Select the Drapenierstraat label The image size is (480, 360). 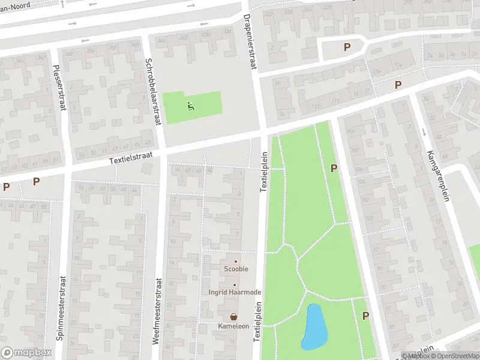[x=250, y=43]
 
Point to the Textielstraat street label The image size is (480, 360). [x=131, y=158]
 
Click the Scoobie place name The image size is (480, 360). [x=236, y=269]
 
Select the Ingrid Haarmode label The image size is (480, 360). [x=235, y=292]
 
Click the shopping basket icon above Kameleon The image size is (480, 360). [x=233, y=316]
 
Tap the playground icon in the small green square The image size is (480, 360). [x=190, y=107]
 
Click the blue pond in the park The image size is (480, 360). [x=314, y=327]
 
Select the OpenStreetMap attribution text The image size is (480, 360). [x=452, y=356]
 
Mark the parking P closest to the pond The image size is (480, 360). [x=365, y=316]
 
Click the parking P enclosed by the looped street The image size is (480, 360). [x=346, y=47]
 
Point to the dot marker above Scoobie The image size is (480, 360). [x=236, y=261]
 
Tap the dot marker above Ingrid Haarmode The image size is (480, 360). [x=235, y=284]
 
